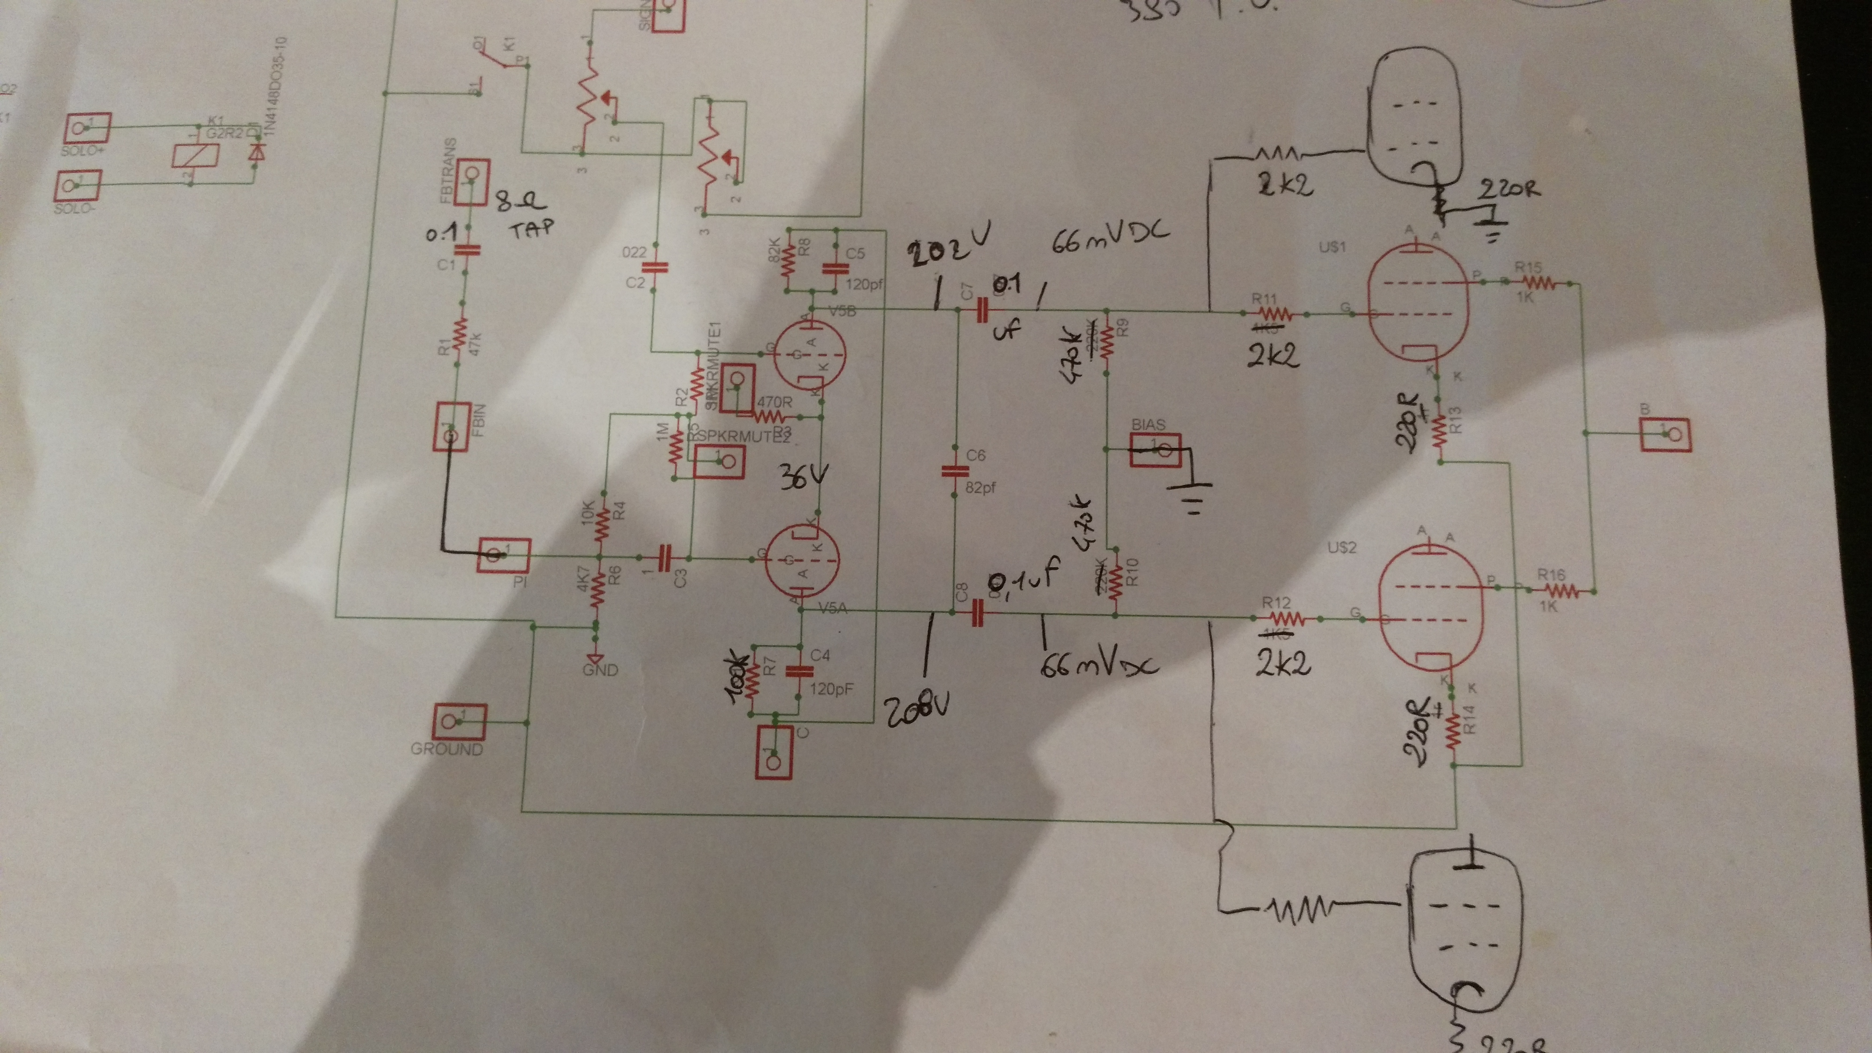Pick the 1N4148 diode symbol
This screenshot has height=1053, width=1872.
pos(255,154)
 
